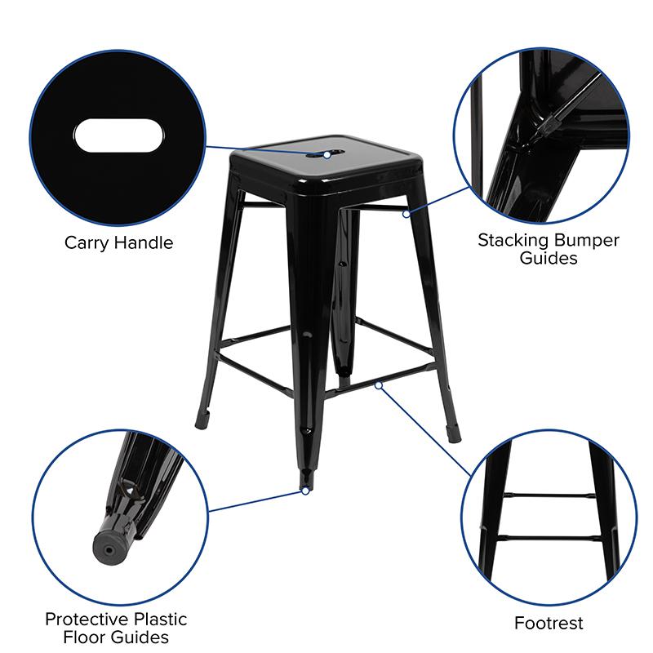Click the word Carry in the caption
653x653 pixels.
(x=87, y=243)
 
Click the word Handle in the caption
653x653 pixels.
(x=144, y=242)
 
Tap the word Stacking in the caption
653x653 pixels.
(x=513, y=241)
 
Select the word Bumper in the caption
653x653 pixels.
(x=587, y=240)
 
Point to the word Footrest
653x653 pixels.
(x=549, y=623)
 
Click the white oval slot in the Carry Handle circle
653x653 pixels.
(x=118, y=135)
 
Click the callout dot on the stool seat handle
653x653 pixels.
(x=327, y=155)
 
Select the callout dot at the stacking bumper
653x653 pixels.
(x=406, y=214)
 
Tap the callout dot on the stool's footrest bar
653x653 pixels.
(x=378, y=385)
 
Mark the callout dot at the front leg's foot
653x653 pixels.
(x=305, y=491)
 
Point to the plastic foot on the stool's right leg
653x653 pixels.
(x=454, y=433)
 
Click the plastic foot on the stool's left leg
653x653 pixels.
(x=202, y=420)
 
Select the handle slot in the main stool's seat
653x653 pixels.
(x=325, y=154)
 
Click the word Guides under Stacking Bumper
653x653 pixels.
(x=549, y=258)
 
